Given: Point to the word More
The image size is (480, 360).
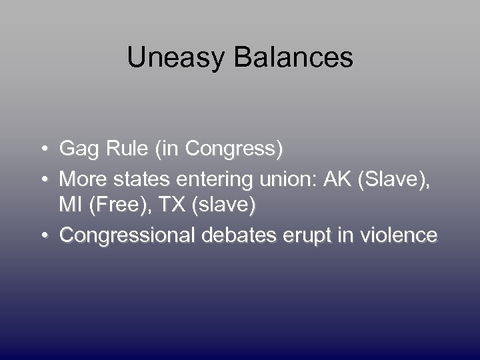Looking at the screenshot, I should (81, 179).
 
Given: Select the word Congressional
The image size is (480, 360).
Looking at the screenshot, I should (127, 235).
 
